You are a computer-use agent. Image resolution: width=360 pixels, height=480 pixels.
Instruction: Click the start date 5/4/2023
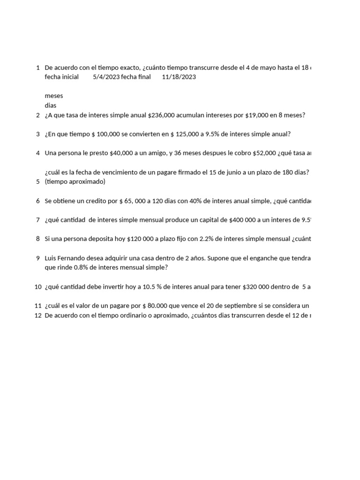pyautogui.click(x=106, y=77)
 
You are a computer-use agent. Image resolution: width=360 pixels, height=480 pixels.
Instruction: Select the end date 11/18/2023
pyautogui.click(x=179, y=77)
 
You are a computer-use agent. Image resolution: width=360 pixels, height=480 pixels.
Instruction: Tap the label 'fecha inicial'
pyautogui.click(x=61, y=77)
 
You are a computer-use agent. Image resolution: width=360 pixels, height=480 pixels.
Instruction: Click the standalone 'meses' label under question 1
pyautogui.click(x=53, y=96)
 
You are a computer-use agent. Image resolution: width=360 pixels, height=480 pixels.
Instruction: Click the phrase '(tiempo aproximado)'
pyautogui.click(x=75, y=181)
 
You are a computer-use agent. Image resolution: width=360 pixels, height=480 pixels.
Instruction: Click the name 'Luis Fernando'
pyautogui.click(x=64, y=258)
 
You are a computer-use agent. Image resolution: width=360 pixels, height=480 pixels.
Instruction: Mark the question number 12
pyautogui.click(x=38, y=315)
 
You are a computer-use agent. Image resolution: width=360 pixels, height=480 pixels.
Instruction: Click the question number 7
pyautogui.click(x=37, y=220)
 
